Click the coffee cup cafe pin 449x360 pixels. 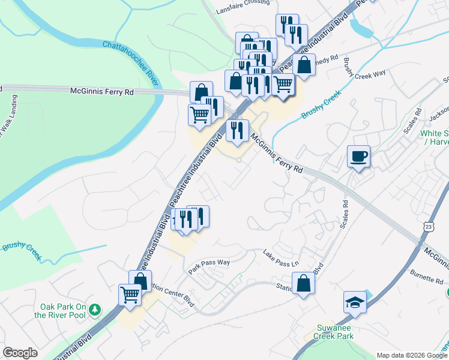point(358,157)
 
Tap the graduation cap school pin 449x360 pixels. point(355,302)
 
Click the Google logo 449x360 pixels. point(20,353)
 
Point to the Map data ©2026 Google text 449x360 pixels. point(412,355)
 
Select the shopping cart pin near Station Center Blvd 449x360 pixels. point(130,295)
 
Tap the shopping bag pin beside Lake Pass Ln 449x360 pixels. point(304,283)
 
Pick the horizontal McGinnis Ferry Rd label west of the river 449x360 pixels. point(102,92)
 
